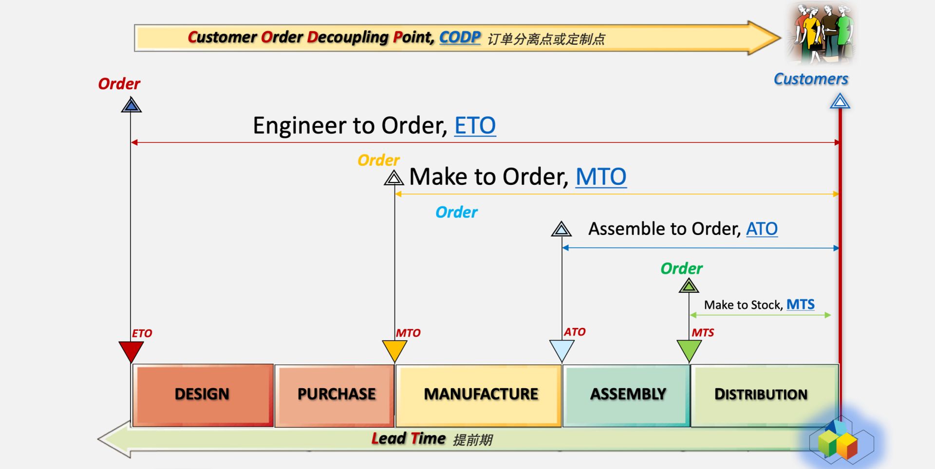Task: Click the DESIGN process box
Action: pyautogui.click(x=202, y=395)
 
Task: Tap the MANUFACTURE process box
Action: pyautogui.click(x=479, y=395)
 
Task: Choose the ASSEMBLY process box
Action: pyautogui.click(x=627, y=395)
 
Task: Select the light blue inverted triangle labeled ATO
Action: pyautogui.click(x=561, y=350)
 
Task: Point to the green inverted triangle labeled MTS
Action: pyautogui.click(x=689, y=350)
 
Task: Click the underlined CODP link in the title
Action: pyautogui.click(x=460, y=37)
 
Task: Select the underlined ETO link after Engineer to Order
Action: pyautogui.click(x=475, y=126)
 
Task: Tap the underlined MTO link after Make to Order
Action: pyautogui.click(x=601, y=177)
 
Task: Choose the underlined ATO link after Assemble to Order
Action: pyautogui.click(x=762, y=229)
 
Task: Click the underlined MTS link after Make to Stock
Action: pyautogui.click(x=800, y=305)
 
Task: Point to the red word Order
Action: pyautogui.click(x=119, y=84)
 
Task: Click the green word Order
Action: pyautogui.click(x=681, y=269)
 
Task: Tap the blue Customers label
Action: pyautogui.click(x=811, y=79)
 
